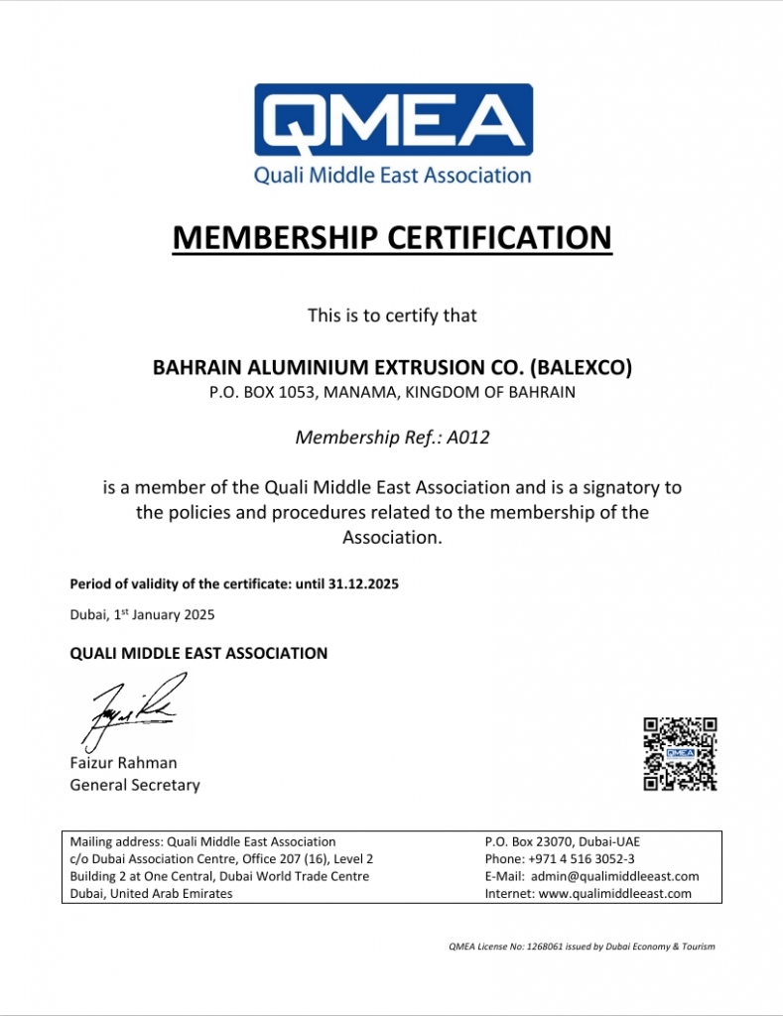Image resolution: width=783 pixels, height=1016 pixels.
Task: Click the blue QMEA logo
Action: (393, 121)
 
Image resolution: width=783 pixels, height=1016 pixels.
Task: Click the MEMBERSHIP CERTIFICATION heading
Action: (392, 238)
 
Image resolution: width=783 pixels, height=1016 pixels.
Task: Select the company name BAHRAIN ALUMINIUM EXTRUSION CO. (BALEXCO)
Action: (392, 367)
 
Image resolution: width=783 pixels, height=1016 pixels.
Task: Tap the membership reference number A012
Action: (467, 438)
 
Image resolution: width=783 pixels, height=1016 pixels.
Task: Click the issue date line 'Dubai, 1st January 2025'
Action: (142, 614)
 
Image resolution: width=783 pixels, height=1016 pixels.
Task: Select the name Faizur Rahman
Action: (123, 763)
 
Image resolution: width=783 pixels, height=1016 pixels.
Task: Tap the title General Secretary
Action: (134, 785)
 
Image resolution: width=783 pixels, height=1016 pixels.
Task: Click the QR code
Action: (680, 754)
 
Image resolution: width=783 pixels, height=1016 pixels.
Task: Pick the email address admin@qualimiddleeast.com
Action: (614, 876)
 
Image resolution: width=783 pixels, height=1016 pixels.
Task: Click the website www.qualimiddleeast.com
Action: (614, 893)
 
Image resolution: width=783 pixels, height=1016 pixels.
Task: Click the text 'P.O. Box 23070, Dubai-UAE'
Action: (569, 841)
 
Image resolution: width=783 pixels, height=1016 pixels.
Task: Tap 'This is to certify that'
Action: (392, 316)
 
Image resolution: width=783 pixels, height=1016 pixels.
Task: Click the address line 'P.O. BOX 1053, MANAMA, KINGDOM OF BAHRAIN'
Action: (392, 392)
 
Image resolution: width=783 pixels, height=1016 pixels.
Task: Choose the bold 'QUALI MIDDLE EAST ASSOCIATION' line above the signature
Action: (198, 654)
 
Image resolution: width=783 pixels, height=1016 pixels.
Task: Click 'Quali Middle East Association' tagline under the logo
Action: (393, 176)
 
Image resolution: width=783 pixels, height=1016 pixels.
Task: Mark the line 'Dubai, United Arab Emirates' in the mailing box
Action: (151, 893)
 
